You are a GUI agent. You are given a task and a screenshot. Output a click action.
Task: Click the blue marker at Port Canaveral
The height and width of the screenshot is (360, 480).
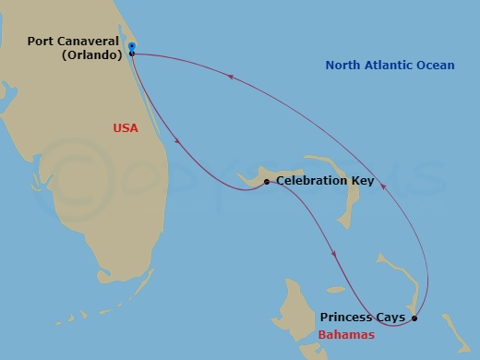point(132,45)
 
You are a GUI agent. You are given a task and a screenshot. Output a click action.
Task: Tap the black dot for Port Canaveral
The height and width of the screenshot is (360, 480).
point(132,54)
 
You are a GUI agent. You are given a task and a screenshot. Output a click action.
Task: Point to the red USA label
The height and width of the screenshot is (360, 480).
point(125,128)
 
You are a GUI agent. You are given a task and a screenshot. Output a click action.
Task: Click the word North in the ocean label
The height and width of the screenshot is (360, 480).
point(344,65)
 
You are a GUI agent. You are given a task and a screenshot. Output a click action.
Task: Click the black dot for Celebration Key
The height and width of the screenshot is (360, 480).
point(267,182)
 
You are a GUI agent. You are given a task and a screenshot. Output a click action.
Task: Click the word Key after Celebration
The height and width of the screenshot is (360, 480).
point(363,181)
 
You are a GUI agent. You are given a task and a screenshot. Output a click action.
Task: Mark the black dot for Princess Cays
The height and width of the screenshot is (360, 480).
point(414,318)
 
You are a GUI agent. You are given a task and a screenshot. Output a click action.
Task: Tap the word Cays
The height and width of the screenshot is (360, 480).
point(390,318)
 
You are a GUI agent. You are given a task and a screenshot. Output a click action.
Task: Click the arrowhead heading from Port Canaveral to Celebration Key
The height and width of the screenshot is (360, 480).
point(175,141)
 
